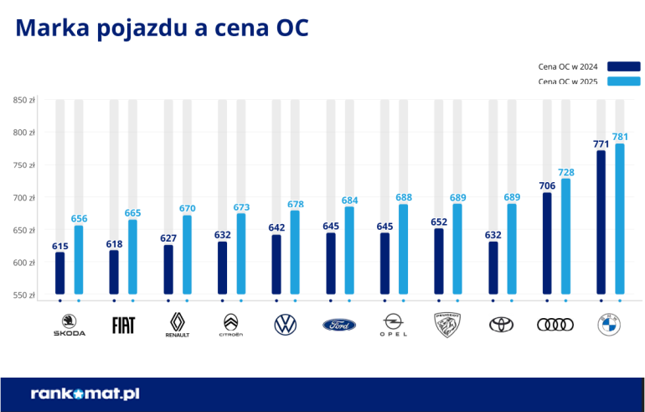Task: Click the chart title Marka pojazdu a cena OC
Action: [162, 29]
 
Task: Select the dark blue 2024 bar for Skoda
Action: [59, 273]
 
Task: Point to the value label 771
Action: [601, 143]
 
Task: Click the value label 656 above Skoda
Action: [79, 218]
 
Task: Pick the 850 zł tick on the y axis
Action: [23, 101]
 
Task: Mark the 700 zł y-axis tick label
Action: [23, 198]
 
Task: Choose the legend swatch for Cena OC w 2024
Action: [624, 66]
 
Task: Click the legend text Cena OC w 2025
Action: [568, 81]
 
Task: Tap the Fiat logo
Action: [123, 325]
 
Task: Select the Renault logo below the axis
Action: [177, 324]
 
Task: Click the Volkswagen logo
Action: [286, 324]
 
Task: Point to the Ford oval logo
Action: [339, 325]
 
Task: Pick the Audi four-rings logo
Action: [555, 325]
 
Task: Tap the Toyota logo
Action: [501, 324]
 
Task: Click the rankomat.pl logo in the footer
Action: [85, 393]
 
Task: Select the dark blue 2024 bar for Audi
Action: [547, 243]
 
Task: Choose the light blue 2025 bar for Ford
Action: [349, 250]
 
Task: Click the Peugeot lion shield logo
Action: [447, 324]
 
